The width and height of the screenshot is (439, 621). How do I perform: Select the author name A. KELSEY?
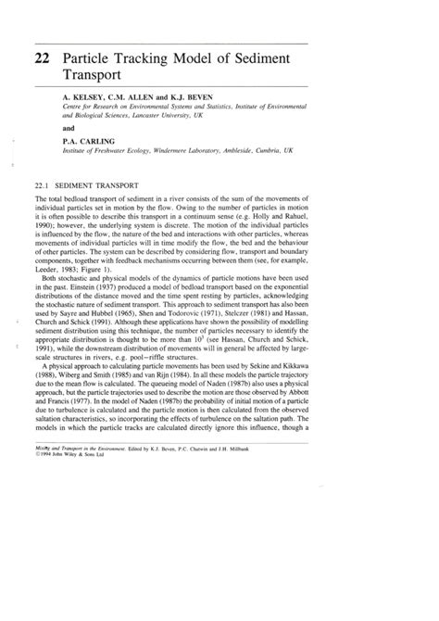click(81, 95)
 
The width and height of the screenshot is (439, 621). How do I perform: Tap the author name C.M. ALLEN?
click(136, 95)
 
